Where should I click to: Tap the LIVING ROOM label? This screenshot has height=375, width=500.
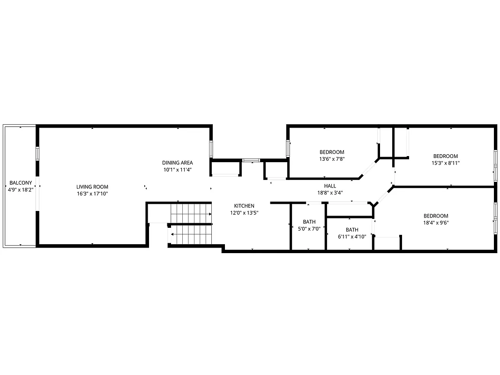[x=92, y=187]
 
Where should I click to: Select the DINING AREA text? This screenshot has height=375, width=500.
[x=177, y=163]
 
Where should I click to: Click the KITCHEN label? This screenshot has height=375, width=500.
[x=244, y=206]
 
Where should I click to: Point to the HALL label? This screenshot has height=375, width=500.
[x=330, y=186]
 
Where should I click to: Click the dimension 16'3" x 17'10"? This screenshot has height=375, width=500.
[x=92, y=194]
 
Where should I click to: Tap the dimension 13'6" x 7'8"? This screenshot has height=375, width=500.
[x=332, y=159]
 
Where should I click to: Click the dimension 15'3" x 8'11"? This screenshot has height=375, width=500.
[x=445, y=163]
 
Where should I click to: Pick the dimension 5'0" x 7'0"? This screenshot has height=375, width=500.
[x=309, y=229]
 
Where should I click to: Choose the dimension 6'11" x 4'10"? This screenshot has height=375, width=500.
[x=352, y=237]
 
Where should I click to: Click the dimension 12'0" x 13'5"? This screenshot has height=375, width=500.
[x=244, y=213]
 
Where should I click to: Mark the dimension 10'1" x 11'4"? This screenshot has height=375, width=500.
[x=177, y=170]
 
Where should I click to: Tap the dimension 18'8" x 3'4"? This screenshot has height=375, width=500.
[x=330, y=193]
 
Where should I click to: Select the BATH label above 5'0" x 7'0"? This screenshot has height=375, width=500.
[x=309, y=222]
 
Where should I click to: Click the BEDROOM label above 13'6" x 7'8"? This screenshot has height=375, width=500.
[x=332, y=152]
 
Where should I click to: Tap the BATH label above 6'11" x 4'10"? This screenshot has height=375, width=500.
[x=352, y=230]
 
